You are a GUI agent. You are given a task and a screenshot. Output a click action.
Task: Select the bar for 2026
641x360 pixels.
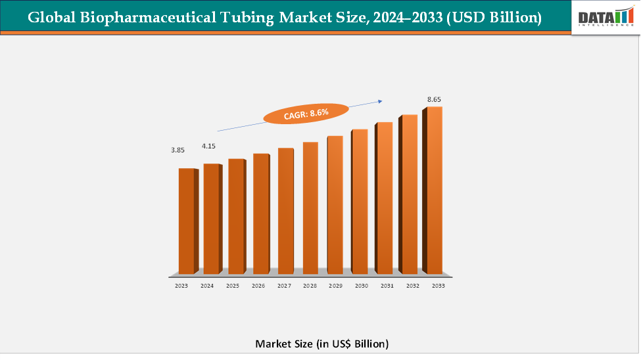(260, 214)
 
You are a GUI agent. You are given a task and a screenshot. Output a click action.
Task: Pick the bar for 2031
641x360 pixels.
(383, 198)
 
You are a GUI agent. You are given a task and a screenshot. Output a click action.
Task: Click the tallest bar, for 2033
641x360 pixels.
(433, 190)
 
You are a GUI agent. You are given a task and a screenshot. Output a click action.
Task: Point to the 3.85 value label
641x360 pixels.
(178, 150)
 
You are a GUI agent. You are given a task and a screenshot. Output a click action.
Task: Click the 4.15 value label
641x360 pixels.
(208, 145)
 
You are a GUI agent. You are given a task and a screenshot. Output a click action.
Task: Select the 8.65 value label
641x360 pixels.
(434, 99)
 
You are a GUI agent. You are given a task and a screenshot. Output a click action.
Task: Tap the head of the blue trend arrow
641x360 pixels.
(380, 101)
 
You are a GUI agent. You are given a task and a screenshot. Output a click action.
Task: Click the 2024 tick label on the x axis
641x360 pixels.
(207, 286)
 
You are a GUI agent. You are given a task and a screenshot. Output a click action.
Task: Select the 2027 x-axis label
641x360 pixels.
(283, 286)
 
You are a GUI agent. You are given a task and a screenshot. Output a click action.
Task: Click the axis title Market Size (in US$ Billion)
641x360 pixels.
(321, 344)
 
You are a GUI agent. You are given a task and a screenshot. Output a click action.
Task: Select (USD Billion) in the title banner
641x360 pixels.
(493, 18)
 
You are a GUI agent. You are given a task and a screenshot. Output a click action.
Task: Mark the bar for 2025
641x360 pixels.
(235, 216)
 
